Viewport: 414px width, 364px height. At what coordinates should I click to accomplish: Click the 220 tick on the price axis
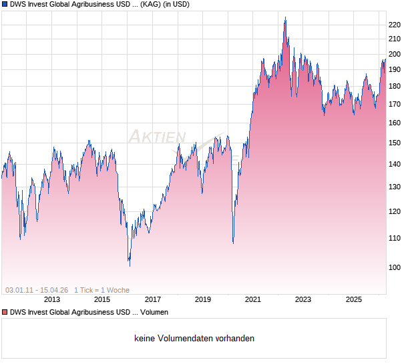[394, 25]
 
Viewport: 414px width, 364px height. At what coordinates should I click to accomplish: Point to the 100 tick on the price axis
[394, 267]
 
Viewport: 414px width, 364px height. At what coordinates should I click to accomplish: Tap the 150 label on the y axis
[394, 143]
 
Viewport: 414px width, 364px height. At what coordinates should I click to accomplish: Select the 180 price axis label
[394, 86]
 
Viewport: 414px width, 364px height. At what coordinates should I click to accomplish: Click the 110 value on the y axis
[394, 238]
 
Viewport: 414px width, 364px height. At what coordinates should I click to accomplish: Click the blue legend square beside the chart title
[5, 5]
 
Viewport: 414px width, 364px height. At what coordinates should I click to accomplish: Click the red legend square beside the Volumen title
[5, 312]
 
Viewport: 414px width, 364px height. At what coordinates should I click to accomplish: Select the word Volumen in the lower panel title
[152, 312]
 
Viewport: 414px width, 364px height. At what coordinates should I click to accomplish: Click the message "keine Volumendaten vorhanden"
[194, 339]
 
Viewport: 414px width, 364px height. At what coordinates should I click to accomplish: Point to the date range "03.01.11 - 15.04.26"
[37, 290]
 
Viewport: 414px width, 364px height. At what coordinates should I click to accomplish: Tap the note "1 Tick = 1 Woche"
[101, 290]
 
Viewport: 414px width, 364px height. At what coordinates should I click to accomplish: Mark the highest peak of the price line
[285, 18]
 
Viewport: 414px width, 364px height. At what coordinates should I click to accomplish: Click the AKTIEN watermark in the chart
[156, 137]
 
